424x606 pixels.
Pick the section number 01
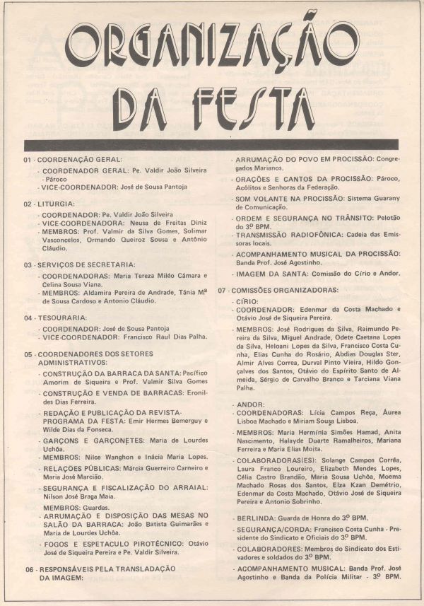point(28,160)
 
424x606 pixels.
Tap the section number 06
point(29,569)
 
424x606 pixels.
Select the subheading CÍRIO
point(248,301)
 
